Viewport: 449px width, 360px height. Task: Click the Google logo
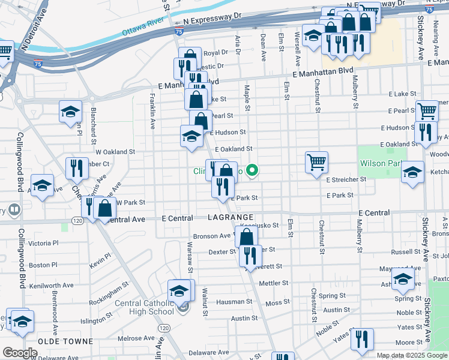click(x=19, y=353)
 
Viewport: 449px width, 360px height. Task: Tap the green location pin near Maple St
click(x=253, y=170)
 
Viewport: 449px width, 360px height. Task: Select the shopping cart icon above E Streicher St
click(x=316, y=162)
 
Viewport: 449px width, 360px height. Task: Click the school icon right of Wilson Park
click(x=412, y=172)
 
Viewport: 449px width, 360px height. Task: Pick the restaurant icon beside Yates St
click(x=362, y=338)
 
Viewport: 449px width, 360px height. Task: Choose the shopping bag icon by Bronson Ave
click(x=247, y=237)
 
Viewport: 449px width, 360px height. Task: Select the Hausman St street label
click(x=234, y=302)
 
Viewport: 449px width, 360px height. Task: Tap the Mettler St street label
click(x=274, y=283)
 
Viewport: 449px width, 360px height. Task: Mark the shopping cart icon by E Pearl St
click(x=426, y=110)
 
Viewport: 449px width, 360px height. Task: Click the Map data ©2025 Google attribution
click(x=411, y=355)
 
